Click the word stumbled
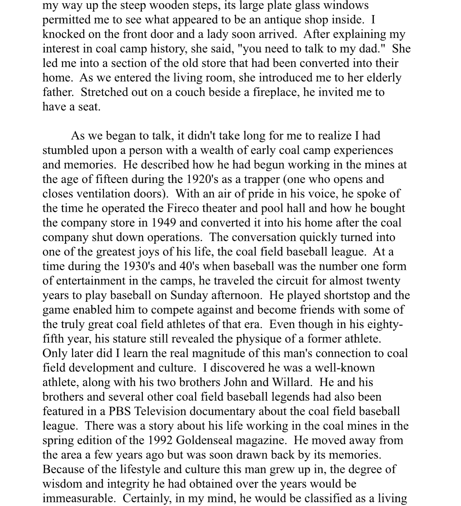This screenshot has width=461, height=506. tap(63, 150)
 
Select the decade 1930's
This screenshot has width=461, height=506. tap(139, 266)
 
